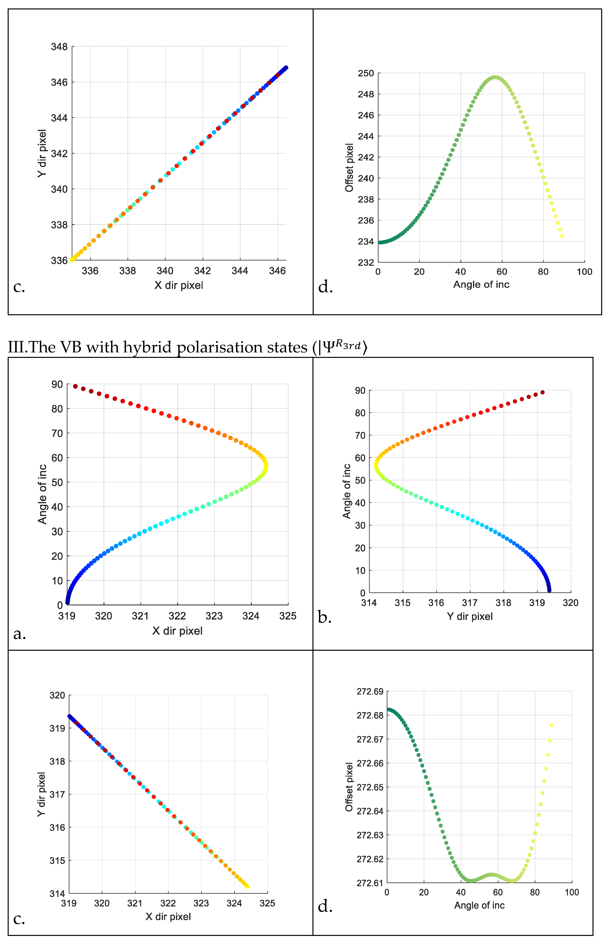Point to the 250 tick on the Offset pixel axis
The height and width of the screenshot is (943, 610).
(x=366, y=73)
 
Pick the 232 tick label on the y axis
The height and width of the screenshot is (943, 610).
(x=366, y=262)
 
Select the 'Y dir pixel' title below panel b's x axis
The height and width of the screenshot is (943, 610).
(x=470, y=616)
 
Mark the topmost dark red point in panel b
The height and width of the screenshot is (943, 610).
(x=542, y=392)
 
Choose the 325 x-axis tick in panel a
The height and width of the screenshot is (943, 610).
(x=288, y=616)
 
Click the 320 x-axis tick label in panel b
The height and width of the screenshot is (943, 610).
(x=570, y=603)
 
